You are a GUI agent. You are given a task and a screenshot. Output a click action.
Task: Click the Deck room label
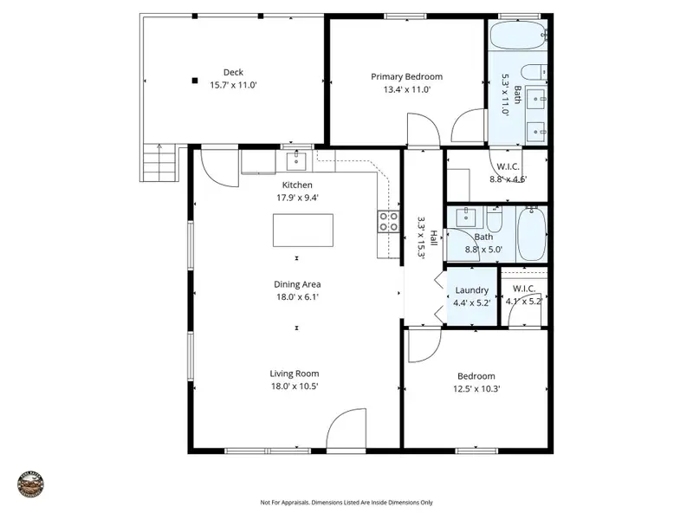(x=233, y=73)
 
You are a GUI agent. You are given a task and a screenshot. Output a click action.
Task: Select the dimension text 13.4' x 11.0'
(x=401, y=88)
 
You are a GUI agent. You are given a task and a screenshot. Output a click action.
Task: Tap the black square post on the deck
(x=196, y=81)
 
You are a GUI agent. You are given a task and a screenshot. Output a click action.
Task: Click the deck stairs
(x=160, y=161)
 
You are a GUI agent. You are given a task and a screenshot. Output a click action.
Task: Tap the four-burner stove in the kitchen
(x=388, y=221)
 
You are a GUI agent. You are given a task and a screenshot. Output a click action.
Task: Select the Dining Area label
(x=299, y=284)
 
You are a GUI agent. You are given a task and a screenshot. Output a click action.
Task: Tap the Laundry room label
(x=471, y=290)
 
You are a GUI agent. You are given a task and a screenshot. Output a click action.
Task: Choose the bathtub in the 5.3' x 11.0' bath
(x=518, y=36)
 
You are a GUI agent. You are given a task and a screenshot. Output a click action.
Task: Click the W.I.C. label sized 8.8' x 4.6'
(x=508, y=167)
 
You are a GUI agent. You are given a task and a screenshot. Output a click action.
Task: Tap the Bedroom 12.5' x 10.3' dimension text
(x=476, y=388)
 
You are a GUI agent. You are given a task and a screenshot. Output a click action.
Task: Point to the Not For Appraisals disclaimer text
(x=346, y=502)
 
